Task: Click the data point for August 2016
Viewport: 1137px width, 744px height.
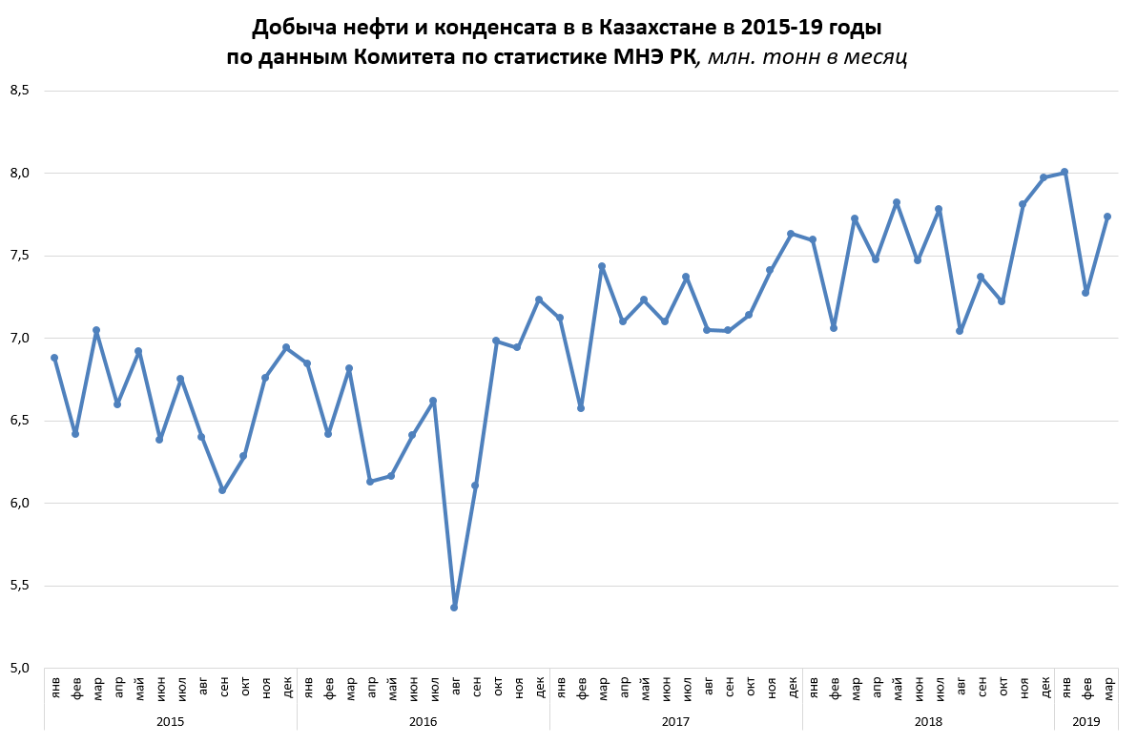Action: pos(454,608)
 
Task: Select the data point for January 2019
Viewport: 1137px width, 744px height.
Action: pos(1065,172)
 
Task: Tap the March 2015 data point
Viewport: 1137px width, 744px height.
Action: pos(96,330)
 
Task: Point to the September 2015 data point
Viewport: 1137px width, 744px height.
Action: pos(222,490)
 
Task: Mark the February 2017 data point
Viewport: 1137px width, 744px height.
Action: pos(581,408)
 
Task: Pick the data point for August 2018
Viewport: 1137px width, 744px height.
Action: pos(960,331)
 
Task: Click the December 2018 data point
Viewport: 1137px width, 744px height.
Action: pos(1044,177)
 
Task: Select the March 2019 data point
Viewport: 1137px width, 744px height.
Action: pos(1107,217)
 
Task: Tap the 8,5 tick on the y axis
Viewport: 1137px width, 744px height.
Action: pos(20,91)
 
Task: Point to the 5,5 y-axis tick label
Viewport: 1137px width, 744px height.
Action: pos(20,586)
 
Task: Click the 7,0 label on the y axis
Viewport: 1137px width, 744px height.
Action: pos(20,339)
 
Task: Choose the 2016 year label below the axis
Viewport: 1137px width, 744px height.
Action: pos(423,722)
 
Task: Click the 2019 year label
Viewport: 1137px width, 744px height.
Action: pos(1086,722)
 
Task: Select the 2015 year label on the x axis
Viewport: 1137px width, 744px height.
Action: pos(170,722)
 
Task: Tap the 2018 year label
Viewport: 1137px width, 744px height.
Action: pos(928,722)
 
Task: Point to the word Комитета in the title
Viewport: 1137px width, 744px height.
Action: pos(411,56)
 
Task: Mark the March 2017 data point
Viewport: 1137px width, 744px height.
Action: pos(602,266)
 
